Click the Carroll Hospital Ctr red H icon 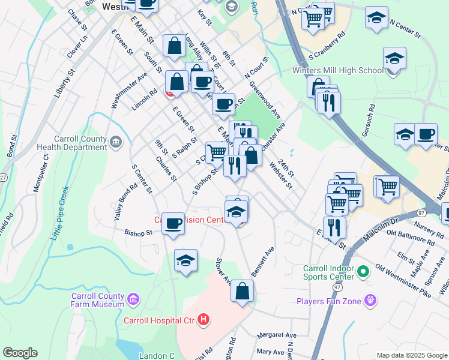[x=203, y=320]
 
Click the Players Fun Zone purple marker [x=372, y=300]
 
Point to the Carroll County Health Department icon [x=116, y=142]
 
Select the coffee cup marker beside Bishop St [x=173, y=224]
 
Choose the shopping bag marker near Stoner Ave [x=242, y=292]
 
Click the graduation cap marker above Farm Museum [x=186, y=260]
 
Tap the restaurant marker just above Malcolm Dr [x=334, y=228]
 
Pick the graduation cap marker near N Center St [x=376, y=18]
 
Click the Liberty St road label [x=62, y=83]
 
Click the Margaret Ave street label [x=277, y=335]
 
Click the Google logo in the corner [x=20, y=353]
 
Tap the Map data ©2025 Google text [x=411, y=355]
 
